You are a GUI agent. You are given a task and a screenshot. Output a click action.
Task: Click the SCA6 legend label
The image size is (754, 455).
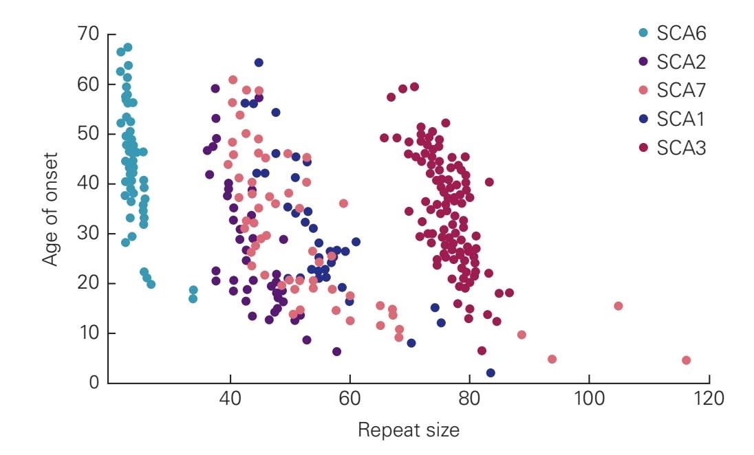[x=681, y=32]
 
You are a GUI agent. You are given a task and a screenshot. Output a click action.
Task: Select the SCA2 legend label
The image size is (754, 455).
[x=681, y=61]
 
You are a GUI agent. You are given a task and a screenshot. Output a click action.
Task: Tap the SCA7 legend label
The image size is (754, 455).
[x=681, y=90]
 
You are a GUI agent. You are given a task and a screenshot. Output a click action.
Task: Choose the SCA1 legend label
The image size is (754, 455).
[x=680, y=119]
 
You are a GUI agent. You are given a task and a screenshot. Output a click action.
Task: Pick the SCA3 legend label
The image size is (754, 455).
[x=681, y=148]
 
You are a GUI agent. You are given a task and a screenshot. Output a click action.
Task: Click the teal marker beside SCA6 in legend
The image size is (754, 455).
[x=643, y=32]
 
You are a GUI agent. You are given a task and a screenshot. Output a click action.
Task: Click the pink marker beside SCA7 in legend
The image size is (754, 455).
[x=643, y=90]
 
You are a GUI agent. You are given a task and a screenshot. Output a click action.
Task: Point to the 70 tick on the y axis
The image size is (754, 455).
[x=89, y=34]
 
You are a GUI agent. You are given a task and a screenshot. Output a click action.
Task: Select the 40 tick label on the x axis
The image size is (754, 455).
[x=230, y=399]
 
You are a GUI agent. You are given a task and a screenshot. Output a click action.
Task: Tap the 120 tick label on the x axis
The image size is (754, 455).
[x=709, y=399]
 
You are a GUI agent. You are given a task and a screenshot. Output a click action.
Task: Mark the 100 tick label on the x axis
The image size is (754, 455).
[x=589, y=399]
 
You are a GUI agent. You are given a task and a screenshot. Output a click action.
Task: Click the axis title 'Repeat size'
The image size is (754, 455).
[x=408, y=431]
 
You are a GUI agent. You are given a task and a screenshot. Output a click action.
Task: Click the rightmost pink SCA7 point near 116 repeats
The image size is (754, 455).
[x=686, y=360]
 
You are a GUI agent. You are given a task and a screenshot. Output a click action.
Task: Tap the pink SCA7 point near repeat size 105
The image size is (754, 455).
[x=618, y=306]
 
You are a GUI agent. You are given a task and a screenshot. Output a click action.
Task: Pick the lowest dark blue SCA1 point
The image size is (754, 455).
[x=491, y=373]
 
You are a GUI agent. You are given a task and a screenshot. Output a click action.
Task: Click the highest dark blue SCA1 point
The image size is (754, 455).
[x=259, y=63]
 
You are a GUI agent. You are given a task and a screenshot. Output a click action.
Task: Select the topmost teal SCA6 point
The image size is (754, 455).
[x=127, y=47]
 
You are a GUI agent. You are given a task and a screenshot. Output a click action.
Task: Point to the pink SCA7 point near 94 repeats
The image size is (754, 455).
[x=552, y=359]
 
